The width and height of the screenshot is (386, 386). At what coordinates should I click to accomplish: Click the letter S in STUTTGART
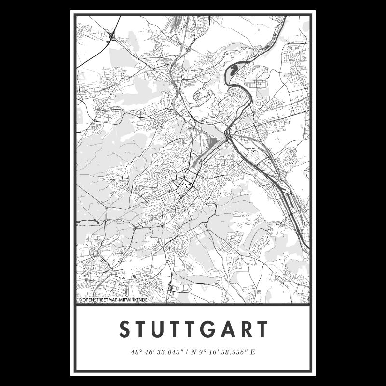click(x=124, y=330)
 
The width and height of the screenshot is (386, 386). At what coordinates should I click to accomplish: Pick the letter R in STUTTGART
click(x=246, y=330)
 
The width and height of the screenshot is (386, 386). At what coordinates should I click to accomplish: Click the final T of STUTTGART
click(x=262, y=330)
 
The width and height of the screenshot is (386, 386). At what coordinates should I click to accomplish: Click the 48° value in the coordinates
click(x=136, y=351)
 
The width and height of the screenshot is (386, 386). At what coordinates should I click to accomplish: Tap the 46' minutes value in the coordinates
click(x=149, y=351)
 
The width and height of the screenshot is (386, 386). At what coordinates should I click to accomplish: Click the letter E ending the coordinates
click(x=252, y=351)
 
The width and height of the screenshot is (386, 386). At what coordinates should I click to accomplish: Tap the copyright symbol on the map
click(x=80, y=300)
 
